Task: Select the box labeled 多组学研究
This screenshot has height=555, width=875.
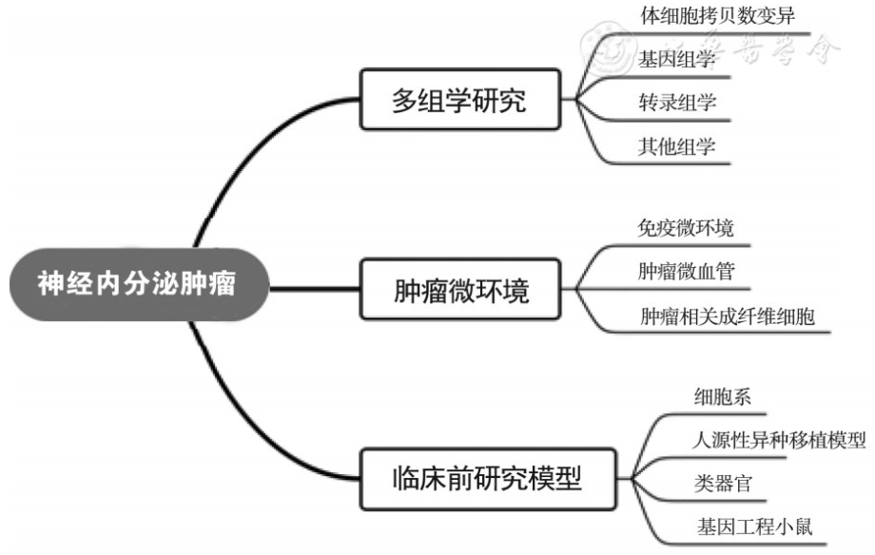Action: [x=458, y=100]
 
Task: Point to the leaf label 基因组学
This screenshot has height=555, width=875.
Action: [x=676, y=59]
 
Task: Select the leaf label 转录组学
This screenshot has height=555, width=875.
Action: [x=676, y=103]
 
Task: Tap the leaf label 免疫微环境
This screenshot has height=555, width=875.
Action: [x=686, y=228]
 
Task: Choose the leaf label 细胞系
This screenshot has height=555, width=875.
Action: [x=723, y=397]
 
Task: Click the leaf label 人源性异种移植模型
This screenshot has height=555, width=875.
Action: [x=779, y=440]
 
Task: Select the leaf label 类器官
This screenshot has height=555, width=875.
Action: [x=723, y=484]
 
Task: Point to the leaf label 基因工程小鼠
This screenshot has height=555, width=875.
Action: [x=751, y=526]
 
